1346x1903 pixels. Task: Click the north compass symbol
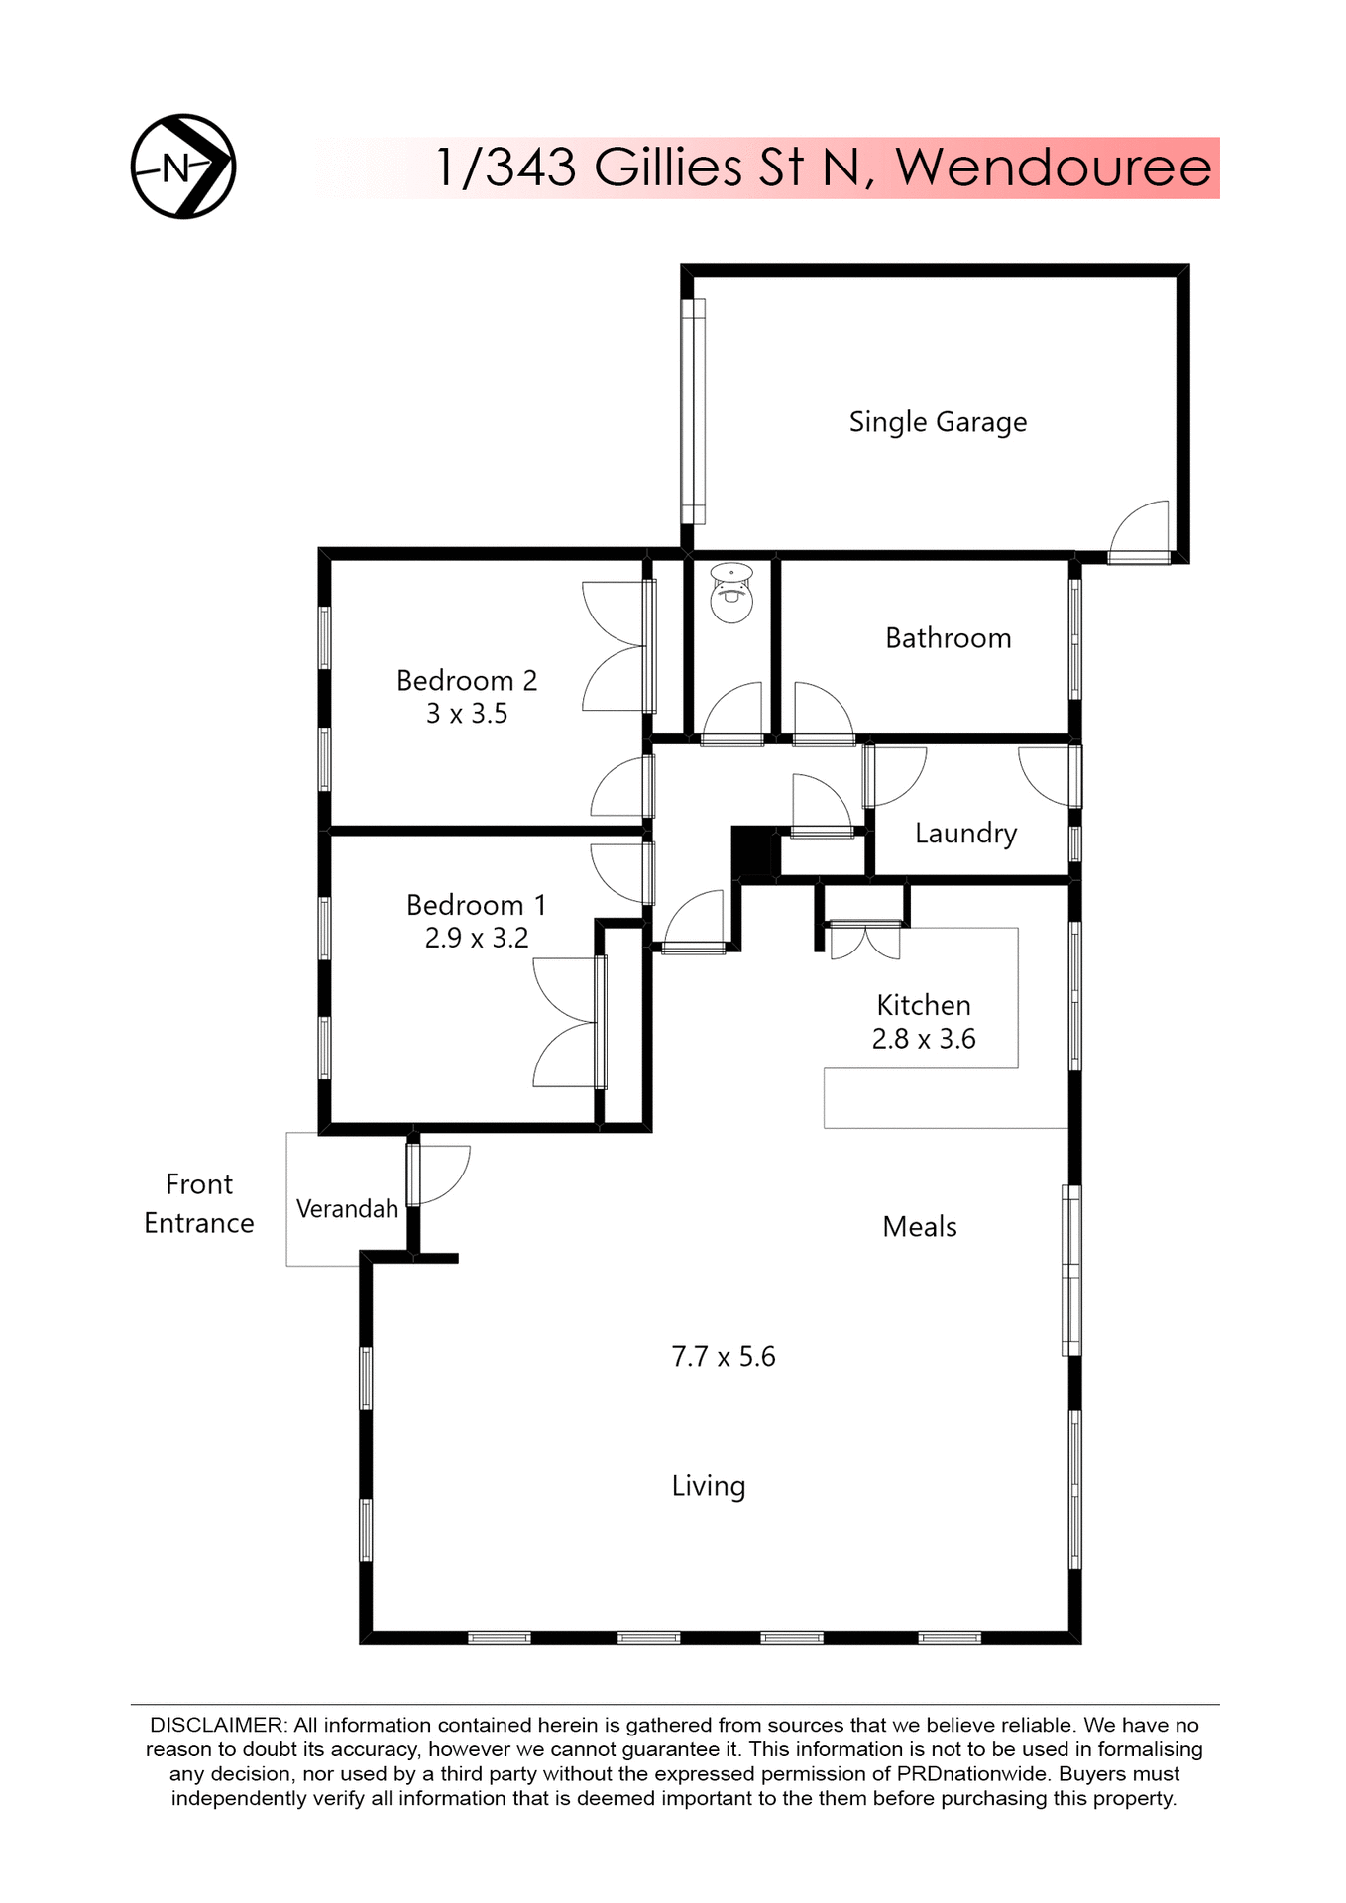(x=183, y=167)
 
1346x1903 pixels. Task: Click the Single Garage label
(x=938, y=422)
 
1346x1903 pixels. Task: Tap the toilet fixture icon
(x=731, y=594)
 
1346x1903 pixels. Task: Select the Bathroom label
(x=948, y=638)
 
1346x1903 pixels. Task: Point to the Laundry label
(x=965, y=834)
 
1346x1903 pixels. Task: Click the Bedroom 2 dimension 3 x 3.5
(x=467, y=714)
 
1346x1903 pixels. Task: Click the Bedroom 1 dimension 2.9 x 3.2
(x=477, y=938)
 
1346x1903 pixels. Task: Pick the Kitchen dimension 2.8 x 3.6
(x=924, y=1039)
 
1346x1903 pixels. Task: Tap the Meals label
(x=919, y=1227)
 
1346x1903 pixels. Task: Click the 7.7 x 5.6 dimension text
(x=724, y=1357)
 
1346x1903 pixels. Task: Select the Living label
(x=708, y=1486)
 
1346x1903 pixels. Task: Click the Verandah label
(x=347, y=1209)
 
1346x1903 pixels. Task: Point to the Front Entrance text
(x=199, y=1203)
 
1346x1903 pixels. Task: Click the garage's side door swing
(x=1141, y=531)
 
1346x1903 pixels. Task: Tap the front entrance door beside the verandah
(x=437, y=1175)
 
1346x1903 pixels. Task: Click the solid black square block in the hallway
(x=750, y=851)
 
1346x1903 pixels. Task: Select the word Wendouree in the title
(x=1054, y=168)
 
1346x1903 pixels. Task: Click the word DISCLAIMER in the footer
(x=217, y=1726)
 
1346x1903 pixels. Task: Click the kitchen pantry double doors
(x=865, y=941)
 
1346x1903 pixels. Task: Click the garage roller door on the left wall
(x=693, y=411)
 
